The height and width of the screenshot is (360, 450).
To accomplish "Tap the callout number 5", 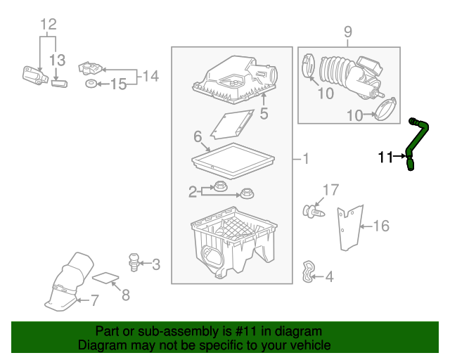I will coord(264,113).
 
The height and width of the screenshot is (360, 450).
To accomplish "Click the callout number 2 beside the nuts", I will coord(192,191).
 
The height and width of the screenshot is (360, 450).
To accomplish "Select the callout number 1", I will coord(304,160).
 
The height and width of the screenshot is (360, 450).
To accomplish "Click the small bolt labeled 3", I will coord(132,262).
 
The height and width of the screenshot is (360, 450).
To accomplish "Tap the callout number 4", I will coord(329,277).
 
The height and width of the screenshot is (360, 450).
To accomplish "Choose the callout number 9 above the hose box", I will coord(347,31).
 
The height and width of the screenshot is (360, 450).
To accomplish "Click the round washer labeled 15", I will coord(91,84).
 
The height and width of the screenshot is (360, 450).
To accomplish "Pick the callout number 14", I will coord(150,76).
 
